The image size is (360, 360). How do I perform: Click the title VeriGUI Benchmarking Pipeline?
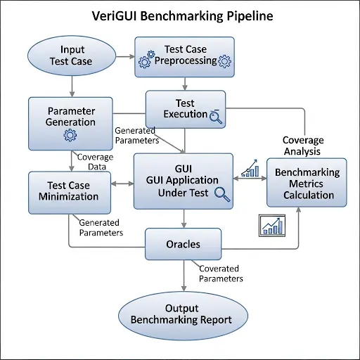[x=179, y=16]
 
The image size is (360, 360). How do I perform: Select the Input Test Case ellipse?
[x=71, y=56]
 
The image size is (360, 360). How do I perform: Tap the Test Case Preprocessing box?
[x=185, y=56]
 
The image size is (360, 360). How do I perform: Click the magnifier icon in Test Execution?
[x=217, y=117]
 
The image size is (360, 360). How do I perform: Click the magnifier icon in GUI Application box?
[x=222, y=195]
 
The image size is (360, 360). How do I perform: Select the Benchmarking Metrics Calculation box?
[x=307, y=183]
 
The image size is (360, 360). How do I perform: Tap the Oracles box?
[x=183, y=245]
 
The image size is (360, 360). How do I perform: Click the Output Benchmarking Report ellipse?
[x=182, y=314]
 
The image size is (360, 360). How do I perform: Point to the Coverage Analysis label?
[x=301, y=146]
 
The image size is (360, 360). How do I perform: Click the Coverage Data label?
[x=94, y=162]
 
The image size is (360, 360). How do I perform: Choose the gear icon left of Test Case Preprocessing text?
[x=146, y=60]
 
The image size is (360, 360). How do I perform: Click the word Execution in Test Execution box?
[x=186, y=113]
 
